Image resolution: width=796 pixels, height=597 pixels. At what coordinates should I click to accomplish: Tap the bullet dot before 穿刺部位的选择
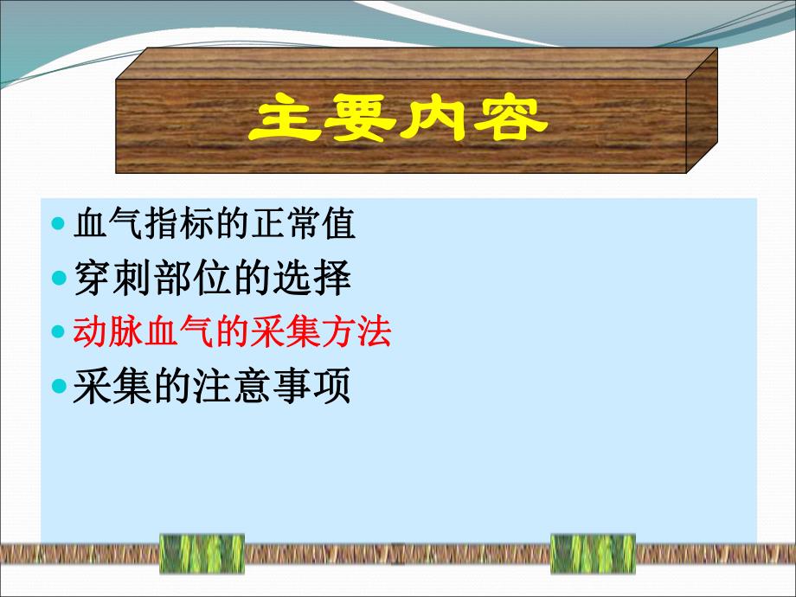pyautogui.click(x=59, y=279)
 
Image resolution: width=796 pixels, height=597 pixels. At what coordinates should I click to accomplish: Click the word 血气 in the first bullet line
pyautogui.click(x=106, y=225)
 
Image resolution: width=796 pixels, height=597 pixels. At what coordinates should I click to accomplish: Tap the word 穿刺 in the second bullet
pyautogui.click(x=108, y=278)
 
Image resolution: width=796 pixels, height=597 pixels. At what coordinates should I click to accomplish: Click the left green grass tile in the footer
pyautogui.click(x=202, y=553)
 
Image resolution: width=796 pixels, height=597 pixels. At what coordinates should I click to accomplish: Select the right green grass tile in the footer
pyautogui.click(x=593, y=553)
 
